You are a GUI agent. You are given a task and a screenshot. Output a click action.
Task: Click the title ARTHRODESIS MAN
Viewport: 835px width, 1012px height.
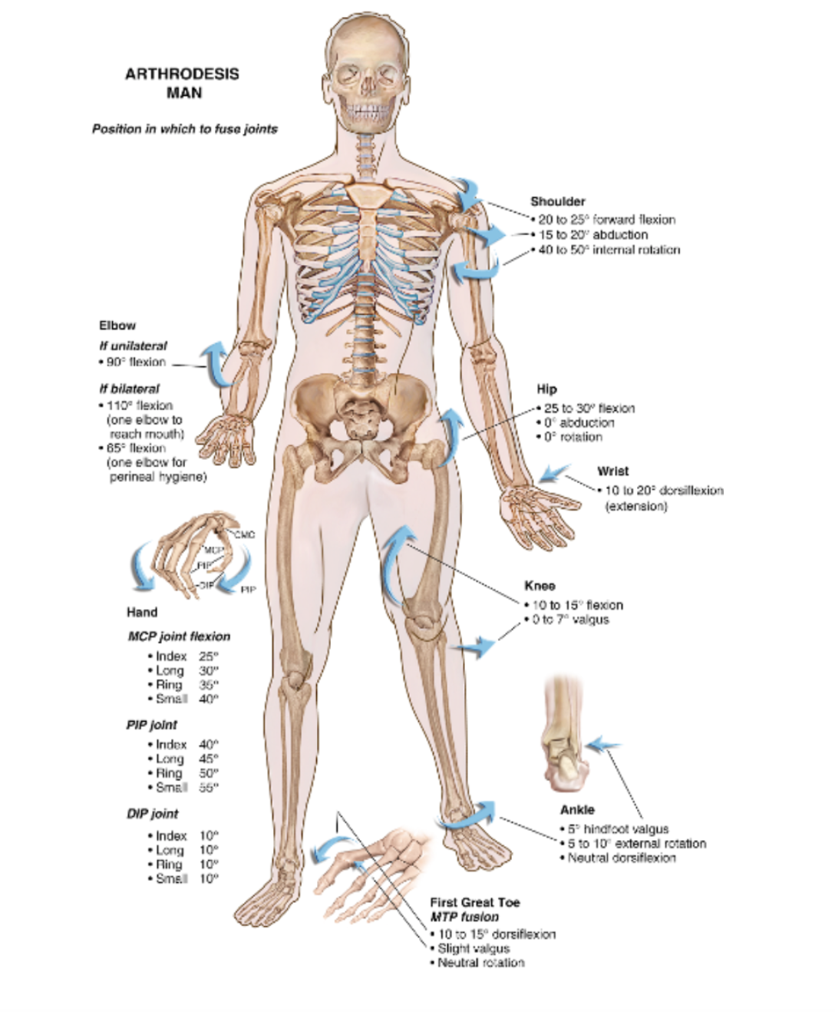182,83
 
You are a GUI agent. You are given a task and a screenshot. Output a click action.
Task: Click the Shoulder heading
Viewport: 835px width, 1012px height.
557,201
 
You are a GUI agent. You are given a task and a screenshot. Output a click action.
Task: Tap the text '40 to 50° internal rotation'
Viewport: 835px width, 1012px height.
609,250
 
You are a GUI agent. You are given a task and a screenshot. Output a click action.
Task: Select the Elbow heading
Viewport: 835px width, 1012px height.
117,326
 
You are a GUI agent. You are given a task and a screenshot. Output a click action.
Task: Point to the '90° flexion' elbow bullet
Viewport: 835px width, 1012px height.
135,362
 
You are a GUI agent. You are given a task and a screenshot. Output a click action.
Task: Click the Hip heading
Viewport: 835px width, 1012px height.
546,389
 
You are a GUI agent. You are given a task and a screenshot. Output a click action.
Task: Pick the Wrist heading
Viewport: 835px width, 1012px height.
612,471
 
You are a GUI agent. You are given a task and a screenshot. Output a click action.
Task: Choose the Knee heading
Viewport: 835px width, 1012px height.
540,586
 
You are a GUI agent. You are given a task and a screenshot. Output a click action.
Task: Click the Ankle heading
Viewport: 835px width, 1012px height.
577,810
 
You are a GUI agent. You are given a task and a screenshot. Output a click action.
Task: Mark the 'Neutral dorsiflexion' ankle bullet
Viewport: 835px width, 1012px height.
621,858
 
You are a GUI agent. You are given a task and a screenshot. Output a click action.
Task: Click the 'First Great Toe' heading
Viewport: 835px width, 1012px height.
474,903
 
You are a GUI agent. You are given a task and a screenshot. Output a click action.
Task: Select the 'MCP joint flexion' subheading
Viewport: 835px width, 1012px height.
178,637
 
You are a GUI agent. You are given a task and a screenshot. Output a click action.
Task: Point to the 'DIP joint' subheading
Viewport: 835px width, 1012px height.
152,814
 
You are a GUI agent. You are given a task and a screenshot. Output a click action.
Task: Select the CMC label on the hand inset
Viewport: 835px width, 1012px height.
244,534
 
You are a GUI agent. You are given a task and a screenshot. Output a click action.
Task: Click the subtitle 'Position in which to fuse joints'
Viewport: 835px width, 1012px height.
184,129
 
